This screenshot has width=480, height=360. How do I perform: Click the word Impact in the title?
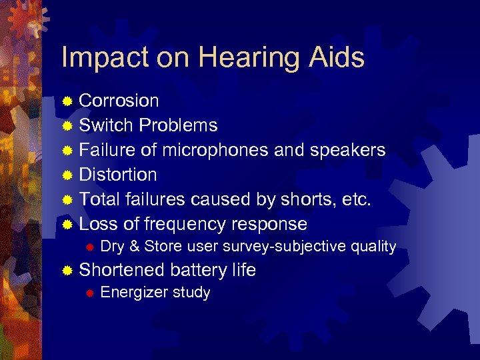(x=104, y=58)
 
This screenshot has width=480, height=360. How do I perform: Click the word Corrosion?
(x=119, y=101)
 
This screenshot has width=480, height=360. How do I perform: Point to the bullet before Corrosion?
(x=67, y=101)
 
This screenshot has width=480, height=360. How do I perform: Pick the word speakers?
(x=347, y=150)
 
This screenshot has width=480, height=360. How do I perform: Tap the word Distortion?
(x=118, y=175)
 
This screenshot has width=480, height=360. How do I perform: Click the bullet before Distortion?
(x=67, y=175)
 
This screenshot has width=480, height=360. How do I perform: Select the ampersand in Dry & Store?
(x=134, y=247)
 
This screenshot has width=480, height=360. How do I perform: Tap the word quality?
(x=373, y=247)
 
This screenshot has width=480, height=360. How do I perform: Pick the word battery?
(x=199, y=270)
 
